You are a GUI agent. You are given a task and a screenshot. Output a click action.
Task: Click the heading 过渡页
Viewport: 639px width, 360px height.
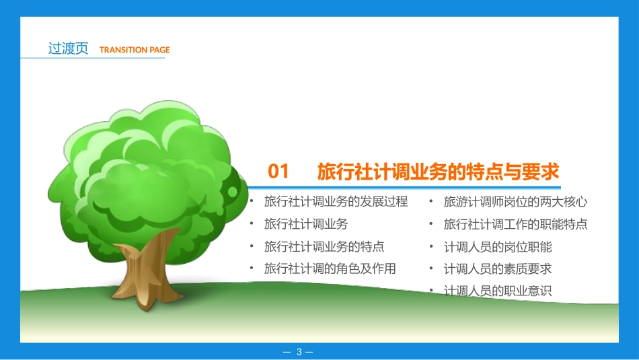tap(68, 48)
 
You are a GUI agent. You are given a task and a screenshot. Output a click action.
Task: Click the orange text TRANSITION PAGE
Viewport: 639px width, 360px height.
tap(135, 50)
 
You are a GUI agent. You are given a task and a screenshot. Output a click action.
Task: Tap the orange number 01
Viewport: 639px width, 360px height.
tap(278, 172)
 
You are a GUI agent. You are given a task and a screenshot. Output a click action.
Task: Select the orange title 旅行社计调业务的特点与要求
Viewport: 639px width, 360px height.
tap(438, 172)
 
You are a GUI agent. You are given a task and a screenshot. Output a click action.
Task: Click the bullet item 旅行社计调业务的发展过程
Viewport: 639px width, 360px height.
tap(336, 202)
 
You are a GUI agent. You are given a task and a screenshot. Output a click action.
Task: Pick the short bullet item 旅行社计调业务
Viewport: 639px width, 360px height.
tap(306, 224)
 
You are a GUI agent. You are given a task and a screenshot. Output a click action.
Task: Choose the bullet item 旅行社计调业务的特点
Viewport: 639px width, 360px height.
tap(324, 247)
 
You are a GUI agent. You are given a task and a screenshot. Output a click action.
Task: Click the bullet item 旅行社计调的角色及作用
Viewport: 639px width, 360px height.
tap(330, 268)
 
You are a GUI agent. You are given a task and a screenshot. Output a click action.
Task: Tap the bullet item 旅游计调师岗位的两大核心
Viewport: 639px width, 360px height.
tap(516, 202)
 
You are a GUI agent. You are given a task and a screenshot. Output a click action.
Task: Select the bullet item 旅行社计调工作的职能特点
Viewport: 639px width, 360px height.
tap(516, 224)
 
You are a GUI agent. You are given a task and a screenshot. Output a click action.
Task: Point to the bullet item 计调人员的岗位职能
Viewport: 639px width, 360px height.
tap(498, 247)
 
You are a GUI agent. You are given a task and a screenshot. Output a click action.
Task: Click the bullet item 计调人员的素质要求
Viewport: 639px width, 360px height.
tap(498, 268)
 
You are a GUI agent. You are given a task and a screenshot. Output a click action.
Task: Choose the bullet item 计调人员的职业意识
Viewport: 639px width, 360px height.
tap(498, 291)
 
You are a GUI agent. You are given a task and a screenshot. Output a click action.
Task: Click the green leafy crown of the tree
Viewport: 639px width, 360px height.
tap(148, 168)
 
